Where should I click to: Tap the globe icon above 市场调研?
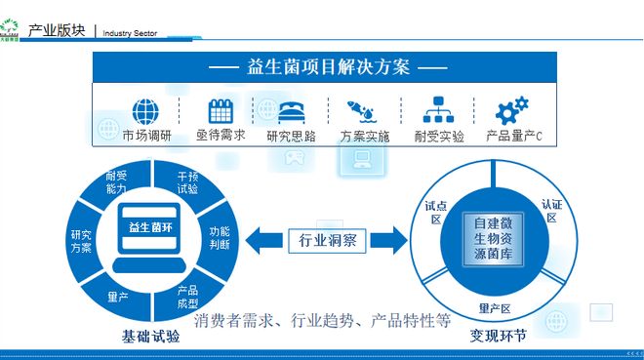pyautogui.click(x=145, y=110)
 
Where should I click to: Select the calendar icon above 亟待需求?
pyautogui.click(x=221, y=110)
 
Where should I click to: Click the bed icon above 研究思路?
pyautogui.click(x=293, y=110)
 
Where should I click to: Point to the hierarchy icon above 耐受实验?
pyautogui.click(x=438, y=110)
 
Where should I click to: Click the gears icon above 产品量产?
pyautogui.click(x=511, y=109)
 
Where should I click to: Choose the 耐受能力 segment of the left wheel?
pyautogui.click(x=116, y=182)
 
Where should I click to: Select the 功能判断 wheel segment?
pyautogui.click(x=220, y=237)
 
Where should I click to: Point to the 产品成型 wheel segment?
pyautogui.click(x=188, y=295)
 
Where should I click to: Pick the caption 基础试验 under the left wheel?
pyautogui.click(x=150, y=337)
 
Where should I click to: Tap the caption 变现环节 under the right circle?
pyautogui.click(x=498, y=337)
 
